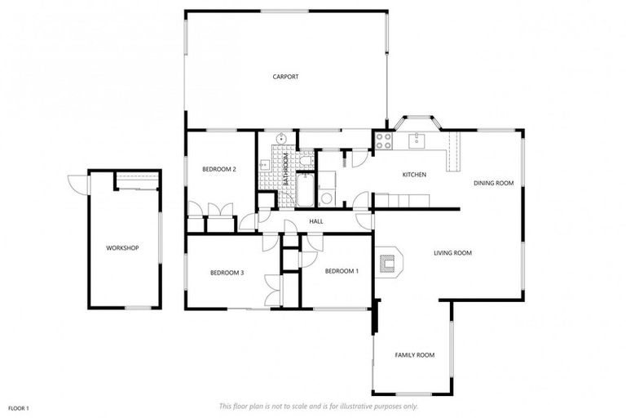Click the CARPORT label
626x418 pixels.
coord(285,77)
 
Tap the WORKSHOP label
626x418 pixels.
coord(122,247)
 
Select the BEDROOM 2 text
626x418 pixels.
coord(219,169)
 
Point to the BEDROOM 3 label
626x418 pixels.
coord(227,272)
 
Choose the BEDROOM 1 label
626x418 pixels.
coord(341,270)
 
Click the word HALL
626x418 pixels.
coord(316,220)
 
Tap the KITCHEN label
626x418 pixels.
coord(414,175)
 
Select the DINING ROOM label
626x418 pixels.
coord(494,183)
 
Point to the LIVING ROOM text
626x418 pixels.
coord(452,253)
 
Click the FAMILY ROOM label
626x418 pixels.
coord(414,354)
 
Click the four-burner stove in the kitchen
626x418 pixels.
coord(382,140)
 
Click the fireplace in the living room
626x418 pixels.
coord(389,262)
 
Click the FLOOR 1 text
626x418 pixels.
coord(19,407)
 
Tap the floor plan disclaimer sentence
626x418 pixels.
coord(318,406)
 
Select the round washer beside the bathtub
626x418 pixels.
coord(325,198)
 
